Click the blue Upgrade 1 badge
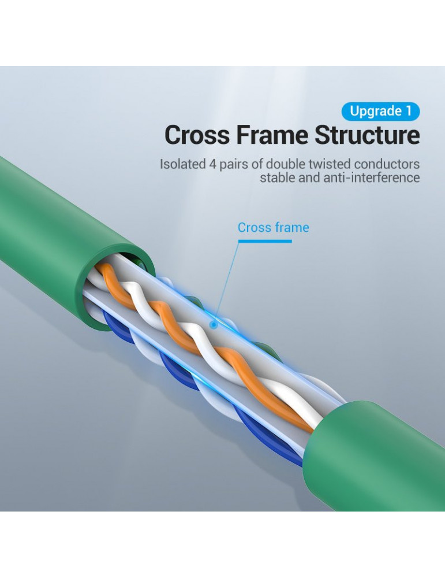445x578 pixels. [x=380, y=111]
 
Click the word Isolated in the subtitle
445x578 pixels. [x=182, y=164]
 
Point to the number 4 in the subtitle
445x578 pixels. [x=213, y=164]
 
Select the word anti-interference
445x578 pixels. [x=376, y=177]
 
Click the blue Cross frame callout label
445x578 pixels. [x=273, y=228]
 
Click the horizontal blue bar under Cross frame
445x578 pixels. [x=265, y=240]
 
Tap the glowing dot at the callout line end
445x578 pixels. [x=214, y=325]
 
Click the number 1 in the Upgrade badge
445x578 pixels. [x=409, y=111]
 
